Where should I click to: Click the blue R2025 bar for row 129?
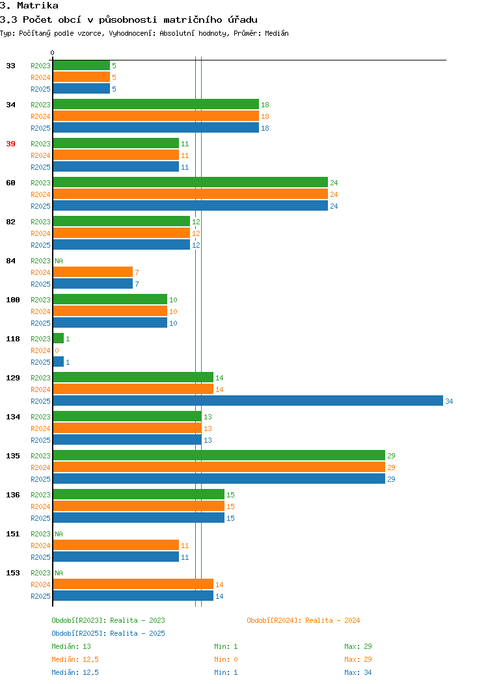pos(248,401)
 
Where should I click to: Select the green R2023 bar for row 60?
pos(190,182)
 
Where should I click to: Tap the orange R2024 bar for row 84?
pos(93,272)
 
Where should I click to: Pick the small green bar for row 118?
pos(59,338)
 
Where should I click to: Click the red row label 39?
pos(10,144)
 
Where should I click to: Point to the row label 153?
pos(12,573)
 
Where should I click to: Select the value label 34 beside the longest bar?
pos(449,401)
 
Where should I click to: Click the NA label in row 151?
pos(59,534)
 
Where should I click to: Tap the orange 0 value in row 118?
pos(57,350)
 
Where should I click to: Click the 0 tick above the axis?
pos(53,53)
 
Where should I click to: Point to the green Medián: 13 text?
pos(71,646)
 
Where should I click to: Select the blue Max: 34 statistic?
pos(358,673)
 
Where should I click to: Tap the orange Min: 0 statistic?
pos(226,659)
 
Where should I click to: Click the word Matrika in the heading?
pos(38,6)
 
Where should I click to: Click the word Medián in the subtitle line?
pos(277,33)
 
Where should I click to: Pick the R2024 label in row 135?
pos(40,467)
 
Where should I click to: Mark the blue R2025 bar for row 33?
pos(81,88)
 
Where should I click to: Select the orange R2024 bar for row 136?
pos(139,506)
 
